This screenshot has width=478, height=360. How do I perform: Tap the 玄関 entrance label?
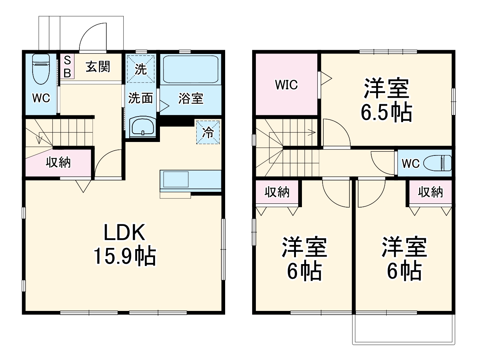click(x=98, y=67)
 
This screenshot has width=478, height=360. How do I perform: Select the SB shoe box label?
click(x=67, y=66)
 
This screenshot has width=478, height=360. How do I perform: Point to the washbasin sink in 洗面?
click(x=142, y=126)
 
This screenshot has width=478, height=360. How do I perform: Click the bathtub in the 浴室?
click(x=191, y=69)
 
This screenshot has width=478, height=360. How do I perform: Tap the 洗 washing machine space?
click(x=140, y=69)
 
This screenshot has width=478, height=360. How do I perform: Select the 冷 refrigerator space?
click(x=208, y=132)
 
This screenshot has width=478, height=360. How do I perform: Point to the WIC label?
click(x=287, y=85)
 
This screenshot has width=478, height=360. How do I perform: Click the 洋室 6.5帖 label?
click(x=386, y=100)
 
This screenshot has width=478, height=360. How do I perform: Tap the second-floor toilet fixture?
click(x=438, y=163)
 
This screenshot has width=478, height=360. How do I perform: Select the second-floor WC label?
click(x=411, y=164)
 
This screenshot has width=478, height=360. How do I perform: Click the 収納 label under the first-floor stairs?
click(x=58, y=162)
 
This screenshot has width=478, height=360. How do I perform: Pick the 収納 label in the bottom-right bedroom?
click(x=430, y=192)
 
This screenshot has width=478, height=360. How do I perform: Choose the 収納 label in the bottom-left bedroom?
click(x=277, y=192)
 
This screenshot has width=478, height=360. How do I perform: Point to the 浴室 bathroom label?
click(x=191, y=98)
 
